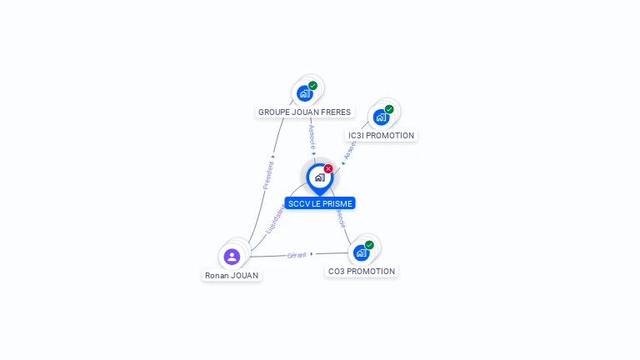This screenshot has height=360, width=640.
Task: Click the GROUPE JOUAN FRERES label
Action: point(304,112)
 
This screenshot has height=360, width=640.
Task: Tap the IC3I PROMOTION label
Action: point(381,135)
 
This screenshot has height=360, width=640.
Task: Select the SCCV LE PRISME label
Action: point(320,203)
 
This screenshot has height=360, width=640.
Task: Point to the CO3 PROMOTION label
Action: point(362,271)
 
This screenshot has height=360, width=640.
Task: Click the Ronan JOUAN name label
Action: point(232,275)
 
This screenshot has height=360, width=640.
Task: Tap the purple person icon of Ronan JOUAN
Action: point(232,256)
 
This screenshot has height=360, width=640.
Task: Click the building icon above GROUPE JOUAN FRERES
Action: point(305,93)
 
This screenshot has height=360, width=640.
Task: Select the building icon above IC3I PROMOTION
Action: point(381,117)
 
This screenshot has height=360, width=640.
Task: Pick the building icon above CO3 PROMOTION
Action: point(361,252)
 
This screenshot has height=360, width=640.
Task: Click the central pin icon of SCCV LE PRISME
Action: point(319,177)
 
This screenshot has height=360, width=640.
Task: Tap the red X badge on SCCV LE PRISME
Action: point(328,168)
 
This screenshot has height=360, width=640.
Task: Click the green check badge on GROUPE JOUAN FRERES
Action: point(313,85)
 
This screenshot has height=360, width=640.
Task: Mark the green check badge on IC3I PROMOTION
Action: point(389,109)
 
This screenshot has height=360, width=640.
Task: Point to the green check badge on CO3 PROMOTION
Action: point(369,245)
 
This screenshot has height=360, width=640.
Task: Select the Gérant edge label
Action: point(297,255)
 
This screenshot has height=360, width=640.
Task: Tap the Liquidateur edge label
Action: point(275,219)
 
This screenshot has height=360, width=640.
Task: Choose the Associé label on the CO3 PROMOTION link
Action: point(341,218)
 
